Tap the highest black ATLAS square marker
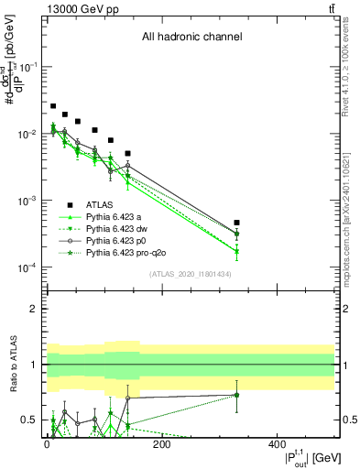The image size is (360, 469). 53,106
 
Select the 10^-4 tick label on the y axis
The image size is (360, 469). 27,267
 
